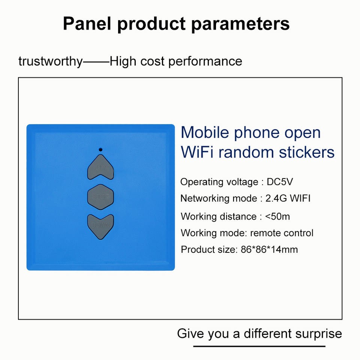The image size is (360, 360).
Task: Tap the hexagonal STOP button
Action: click(100, 197)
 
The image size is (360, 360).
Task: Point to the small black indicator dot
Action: click(100, 150)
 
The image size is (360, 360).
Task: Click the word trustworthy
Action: click(51, 61)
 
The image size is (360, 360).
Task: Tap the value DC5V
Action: click(280, 182)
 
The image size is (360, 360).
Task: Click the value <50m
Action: click(277, 216)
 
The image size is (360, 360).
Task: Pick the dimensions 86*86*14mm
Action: click(269, 249)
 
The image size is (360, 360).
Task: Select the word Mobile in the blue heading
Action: click(205, 132)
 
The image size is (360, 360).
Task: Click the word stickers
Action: click(307, 152)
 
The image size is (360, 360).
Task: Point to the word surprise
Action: click(319, 334)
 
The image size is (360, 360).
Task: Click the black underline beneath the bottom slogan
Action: click(259, 346)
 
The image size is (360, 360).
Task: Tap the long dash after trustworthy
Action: click(96, 62)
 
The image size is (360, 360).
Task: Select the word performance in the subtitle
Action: click(205, 61)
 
